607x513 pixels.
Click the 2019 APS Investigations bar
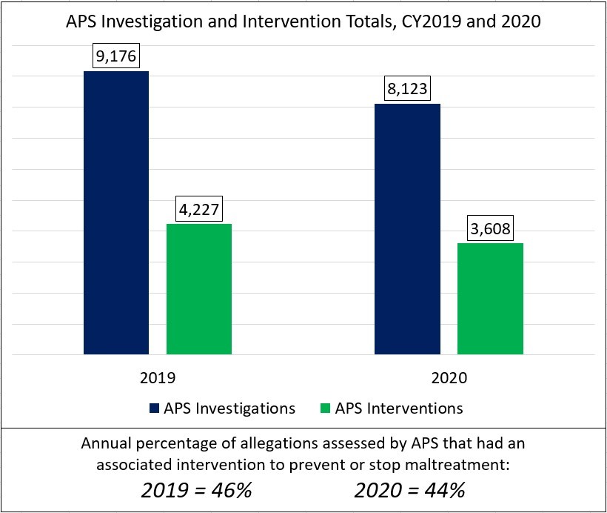(116, 213)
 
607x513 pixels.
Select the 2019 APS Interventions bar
(199, 289)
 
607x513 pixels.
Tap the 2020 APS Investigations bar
(407, 229)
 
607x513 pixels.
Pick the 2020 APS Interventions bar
(490, 299)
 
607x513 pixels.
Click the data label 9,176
(116, 56)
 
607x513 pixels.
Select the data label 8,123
(407, 89)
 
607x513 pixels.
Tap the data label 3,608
(490, 228)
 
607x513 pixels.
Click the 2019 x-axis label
(158, 377)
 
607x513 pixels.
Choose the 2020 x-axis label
(449, 377)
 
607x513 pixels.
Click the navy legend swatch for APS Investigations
(154, 408)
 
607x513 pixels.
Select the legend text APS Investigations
(229, 408)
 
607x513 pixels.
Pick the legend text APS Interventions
(399, 408)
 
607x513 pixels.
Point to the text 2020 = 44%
(409, 490)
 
